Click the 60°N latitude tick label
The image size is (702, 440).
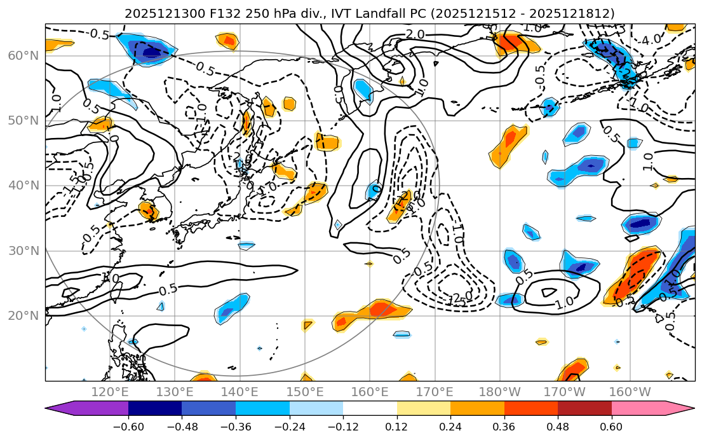24,56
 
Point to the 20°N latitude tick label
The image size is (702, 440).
24,316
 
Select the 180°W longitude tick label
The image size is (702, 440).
500,391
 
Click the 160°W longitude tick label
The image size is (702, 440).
630,391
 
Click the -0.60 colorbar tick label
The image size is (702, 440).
128,427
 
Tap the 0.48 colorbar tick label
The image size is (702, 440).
558,427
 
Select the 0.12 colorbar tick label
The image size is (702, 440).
396,427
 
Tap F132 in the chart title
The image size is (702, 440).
205,13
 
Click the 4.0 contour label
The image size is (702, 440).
651,39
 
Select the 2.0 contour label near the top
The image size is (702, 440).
415,34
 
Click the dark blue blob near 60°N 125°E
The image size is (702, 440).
151,51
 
